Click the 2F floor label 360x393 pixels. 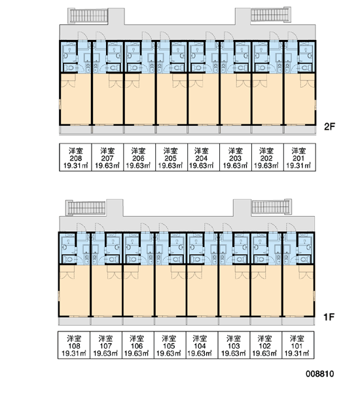[329, 127]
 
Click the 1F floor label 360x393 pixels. [329, 317]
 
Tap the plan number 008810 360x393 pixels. [320, 374]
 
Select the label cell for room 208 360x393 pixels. [76, 157]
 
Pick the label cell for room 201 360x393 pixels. [300, 157]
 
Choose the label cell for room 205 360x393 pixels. [171, 157]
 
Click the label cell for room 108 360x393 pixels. [74, 345]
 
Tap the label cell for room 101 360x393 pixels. [298, 345]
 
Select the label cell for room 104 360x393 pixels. [202, 345]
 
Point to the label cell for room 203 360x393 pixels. [236, 157]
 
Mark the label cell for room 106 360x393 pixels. [138, 345]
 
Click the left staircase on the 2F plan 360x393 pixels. [88, 16]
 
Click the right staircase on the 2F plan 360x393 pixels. [271, 14]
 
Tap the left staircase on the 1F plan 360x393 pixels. [86, 208]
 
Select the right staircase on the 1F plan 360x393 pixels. [272, 207]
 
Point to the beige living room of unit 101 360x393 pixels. [298, 291]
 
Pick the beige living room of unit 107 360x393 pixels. [107, 291]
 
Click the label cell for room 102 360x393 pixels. [266, 345]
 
